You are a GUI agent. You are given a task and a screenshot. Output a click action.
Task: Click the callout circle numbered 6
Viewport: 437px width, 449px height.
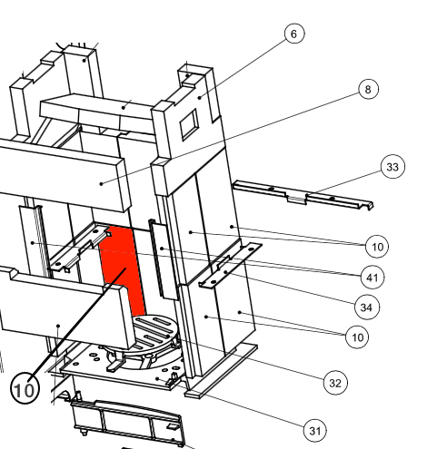click(294, 34)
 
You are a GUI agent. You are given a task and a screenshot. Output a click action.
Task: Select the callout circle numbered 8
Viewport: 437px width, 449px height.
click(368, 89)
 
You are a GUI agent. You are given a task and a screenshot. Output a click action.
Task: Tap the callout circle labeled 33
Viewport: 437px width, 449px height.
click(392, 167)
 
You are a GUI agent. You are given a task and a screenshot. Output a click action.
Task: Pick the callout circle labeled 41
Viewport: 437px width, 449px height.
click(372, 278)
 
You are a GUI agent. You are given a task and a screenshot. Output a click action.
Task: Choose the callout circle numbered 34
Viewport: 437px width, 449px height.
click(366, 307)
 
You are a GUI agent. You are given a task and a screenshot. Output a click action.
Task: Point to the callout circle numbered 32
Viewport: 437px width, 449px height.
click(335, 383)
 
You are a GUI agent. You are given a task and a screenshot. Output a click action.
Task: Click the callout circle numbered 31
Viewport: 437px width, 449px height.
click(315, 431)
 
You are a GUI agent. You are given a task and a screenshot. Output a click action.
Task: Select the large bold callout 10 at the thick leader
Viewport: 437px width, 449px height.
click(25, 389)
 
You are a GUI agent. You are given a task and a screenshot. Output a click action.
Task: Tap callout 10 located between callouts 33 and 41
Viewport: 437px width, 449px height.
click(377, 247)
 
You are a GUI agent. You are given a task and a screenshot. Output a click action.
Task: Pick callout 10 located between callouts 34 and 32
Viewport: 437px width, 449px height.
click(357, 337)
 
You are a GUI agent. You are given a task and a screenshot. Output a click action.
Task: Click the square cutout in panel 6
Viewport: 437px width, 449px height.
click(189, 124)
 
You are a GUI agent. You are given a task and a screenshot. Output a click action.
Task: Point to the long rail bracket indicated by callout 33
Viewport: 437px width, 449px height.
click(303, 195)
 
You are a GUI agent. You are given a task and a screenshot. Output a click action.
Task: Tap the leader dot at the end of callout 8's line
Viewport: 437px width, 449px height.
click(102, 183)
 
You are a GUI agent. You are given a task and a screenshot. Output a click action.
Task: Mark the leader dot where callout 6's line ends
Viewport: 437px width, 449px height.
click(200, 97)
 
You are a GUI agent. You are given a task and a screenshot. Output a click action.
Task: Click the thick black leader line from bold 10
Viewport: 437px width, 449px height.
click(77, 324)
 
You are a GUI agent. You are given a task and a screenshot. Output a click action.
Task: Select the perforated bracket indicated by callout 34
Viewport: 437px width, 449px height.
click(230, 266)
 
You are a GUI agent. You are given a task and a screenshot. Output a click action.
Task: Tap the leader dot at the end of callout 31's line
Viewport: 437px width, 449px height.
click(157, 378)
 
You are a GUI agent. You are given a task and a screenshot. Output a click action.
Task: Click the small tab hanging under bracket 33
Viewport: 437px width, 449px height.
click(296, 200)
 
